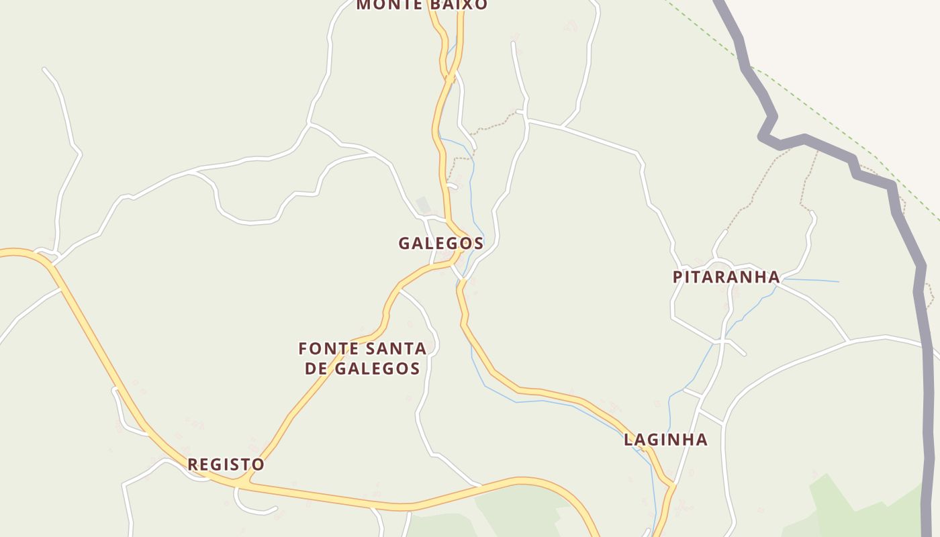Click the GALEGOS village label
coord(440,243)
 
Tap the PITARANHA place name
coord(726,277)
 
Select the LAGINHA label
coord(665,440)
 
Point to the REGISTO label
coord(226,464)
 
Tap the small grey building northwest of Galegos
coord(422,203)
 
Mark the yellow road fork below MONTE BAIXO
coord(449,78)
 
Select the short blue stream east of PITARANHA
coord(812,280)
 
